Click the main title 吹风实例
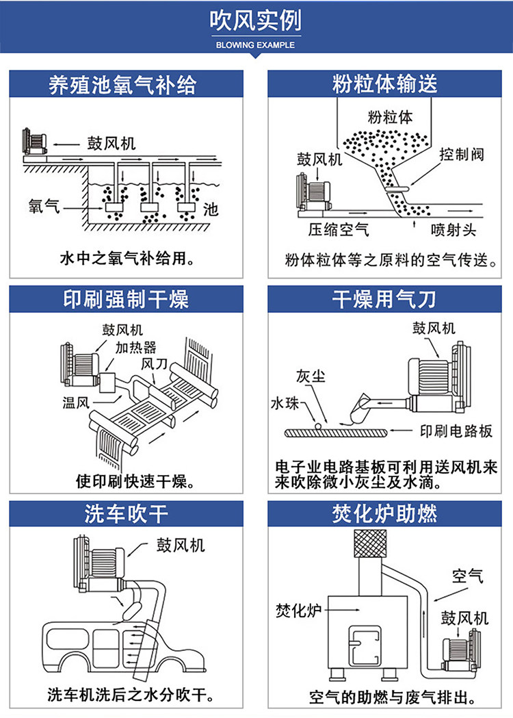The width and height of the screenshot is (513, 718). pos(256,22)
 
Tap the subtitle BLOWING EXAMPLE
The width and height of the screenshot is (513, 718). pos(256,45)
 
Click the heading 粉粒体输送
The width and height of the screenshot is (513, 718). pos(384,84)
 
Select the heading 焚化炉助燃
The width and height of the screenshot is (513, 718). pos(384,514)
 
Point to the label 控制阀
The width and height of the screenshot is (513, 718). pos(461,154)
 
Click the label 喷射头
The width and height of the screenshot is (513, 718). pos(453,230)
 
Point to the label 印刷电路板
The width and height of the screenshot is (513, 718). pos(456,432)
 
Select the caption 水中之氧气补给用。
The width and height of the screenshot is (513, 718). pos(127,259)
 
